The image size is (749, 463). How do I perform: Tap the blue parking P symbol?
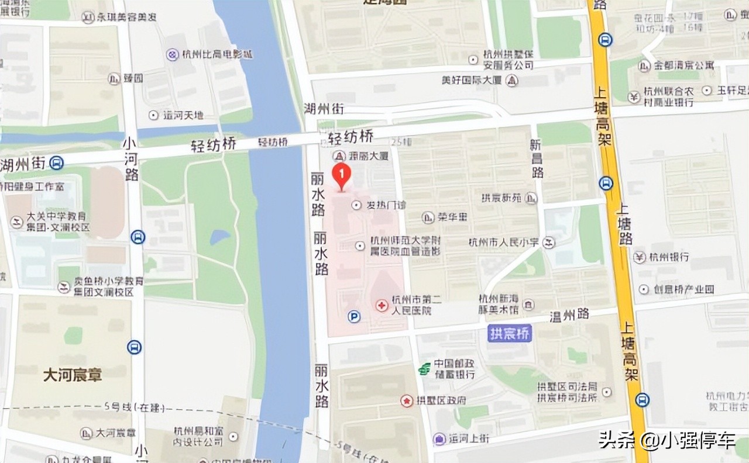click(354, 316)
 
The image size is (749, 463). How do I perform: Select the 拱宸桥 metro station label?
click(510, 334)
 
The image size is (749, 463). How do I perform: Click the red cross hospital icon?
click(382, 305)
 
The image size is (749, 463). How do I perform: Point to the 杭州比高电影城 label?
click(217, 55)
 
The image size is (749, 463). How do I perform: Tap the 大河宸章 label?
click(73, 375)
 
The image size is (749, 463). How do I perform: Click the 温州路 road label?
click(569, 316)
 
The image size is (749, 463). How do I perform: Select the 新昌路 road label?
click(537, 158)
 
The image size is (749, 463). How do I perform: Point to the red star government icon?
click(407, 400)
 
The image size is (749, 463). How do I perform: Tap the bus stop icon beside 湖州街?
click(57, 163)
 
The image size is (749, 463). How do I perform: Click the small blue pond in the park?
click(220, 237)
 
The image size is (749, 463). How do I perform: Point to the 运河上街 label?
click(469, 438)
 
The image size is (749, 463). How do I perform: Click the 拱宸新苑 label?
click(501, 198)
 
